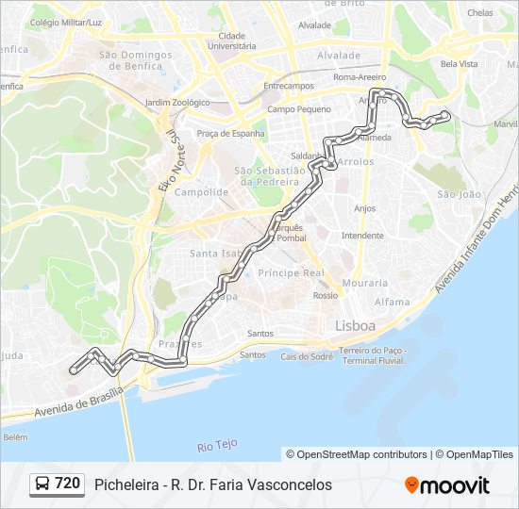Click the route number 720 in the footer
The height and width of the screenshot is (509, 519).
point(67,484)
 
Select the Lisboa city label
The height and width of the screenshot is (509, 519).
point(355,325)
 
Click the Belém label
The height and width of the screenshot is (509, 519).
point(15,437)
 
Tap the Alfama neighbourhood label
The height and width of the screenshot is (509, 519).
point(393,302)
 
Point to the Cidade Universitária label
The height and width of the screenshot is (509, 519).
point(231,41)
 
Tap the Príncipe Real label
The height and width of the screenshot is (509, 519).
point(292,272)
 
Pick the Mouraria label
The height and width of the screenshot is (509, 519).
point(364,283)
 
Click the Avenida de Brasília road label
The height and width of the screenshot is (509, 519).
point(79,402)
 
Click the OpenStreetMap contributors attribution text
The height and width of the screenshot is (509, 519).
point(356,454)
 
